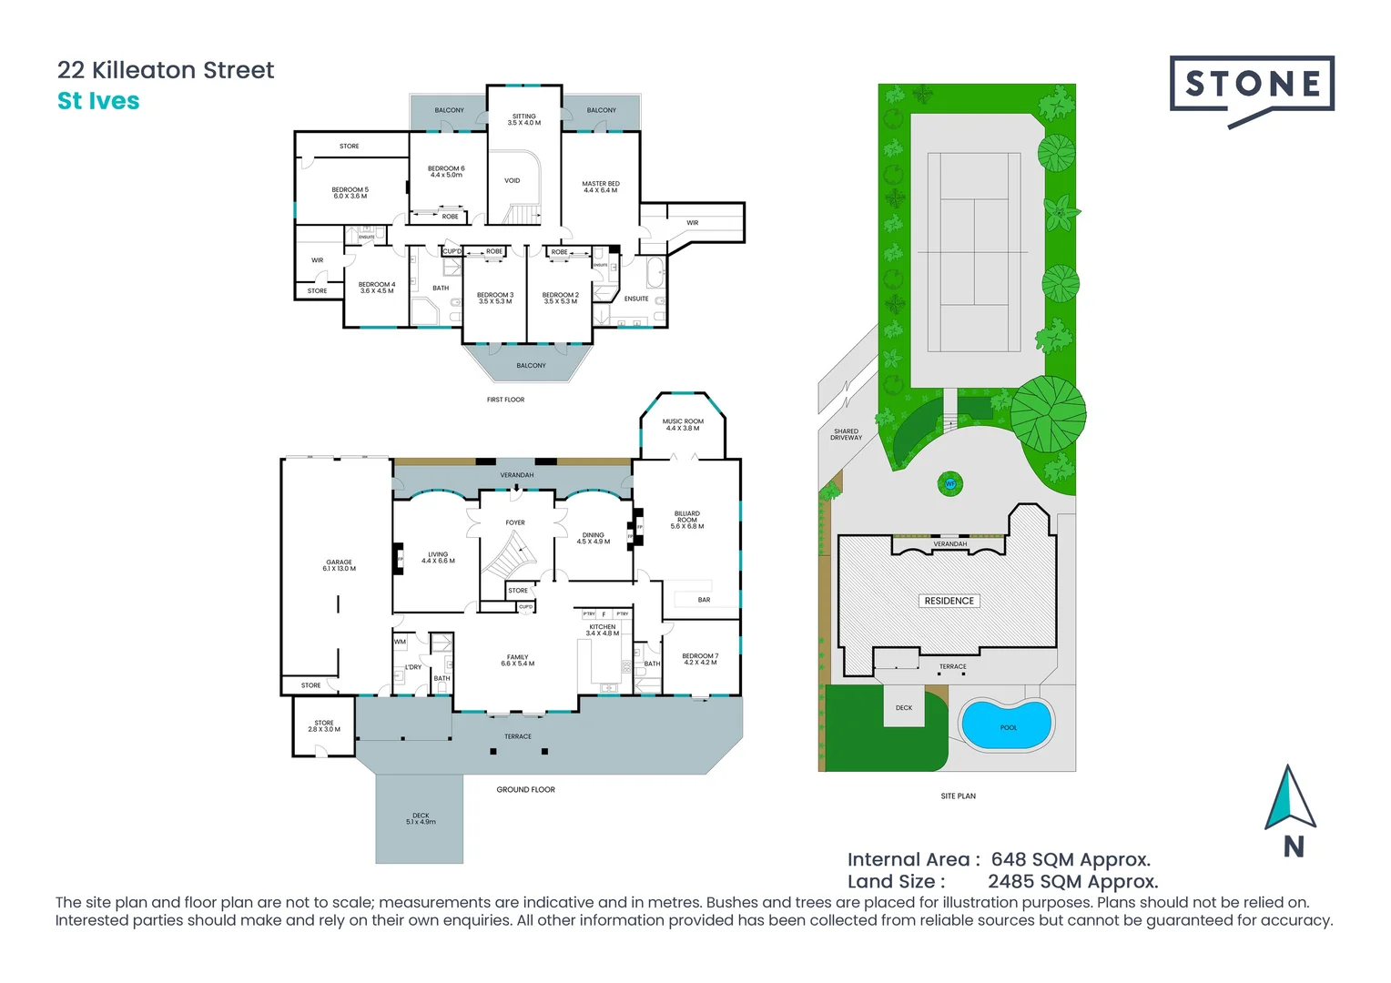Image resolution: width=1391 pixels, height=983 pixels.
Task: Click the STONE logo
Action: tap(1252, 86)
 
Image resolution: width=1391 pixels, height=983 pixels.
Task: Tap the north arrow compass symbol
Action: tap(1289, 801)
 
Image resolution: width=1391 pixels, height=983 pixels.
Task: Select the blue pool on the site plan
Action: tap(1007, 725)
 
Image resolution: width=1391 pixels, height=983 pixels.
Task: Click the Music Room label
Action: tap(683, 425)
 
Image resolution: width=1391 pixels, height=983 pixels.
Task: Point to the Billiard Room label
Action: tap(687, 520)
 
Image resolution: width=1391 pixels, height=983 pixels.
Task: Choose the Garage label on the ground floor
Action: tap(339, 565)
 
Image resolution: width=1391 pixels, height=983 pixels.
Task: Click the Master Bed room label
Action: tap(601, 187)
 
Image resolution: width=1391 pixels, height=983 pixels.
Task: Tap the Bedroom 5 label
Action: tap(350, 193)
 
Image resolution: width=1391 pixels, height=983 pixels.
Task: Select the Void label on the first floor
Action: tap(513, 180)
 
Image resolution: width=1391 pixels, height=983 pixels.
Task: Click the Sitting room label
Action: tap(524, 119)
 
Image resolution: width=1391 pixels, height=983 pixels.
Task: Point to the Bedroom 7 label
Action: tap(700, 659)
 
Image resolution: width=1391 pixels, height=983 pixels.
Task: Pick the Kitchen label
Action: tap(603, 630)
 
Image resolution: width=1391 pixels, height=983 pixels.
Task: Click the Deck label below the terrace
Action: tap(421, 818)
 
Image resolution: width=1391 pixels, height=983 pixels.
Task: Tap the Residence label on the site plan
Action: tap(949, 601)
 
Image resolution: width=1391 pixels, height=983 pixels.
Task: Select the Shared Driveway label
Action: tap(846, 434)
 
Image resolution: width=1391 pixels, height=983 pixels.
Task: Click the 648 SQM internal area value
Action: tap(1071, 859)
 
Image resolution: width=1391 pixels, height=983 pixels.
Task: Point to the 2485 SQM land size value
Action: tap(1072, 881)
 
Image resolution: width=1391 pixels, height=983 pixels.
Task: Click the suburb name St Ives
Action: tap(98, 101)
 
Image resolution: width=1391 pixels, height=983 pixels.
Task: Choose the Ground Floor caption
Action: tap(525, 789)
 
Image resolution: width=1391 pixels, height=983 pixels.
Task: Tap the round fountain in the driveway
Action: tap(950, 483)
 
